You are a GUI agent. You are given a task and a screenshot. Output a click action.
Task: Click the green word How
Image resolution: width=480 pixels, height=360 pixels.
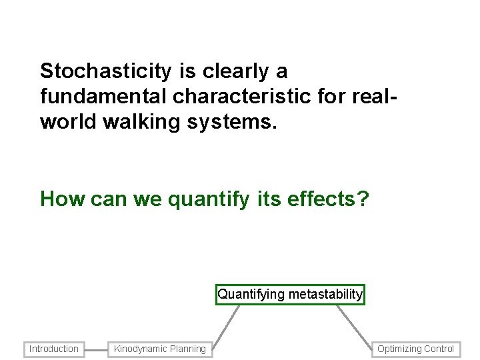tap(61, 199)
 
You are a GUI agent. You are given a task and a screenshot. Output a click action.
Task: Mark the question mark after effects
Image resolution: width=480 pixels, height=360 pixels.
tap(362, 199)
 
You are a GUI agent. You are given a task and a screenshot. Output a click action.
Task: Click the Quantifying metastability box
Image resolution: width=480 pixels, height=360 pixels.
tap(290, 294)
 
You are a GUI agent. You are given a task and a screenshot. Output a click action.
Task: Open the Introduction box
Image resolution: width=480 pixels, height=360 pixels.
tap(54, 349)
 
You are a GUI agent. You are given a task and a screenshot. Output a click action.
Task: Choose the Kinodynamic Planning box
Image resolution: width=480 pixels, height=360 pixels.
tap(160, 349)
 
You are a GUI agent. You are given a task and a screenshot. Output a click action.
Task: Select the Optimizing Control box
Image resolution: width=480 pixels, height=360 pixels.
tap(415, 349)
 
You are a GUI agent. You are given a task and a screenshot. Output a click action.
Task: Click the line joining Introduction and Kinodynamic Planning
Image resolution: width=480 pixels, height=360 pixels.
tap(96, 349)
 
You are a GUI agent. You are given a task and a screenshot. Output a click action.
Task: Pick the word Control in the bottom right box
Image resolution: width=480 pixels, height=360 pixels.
tap(437, 349)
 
